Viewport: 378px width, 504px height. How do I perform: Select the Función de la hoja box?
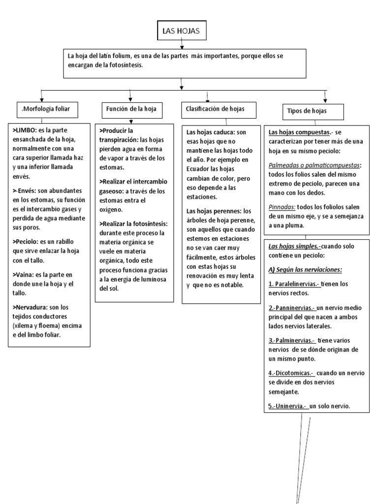(130, 109)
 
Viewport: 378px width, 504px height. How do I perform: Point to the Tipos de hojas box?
(307, 111)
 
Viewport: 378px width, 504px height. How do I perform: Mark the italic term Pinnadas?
(282, 207)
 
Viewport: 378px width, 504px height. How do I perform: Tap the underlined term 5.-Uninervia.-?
(288, 406)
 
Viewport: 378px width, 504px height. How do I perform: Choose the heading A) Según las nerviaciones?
(306, 270)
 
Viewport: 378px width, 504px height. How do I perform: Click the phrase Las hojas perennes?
(214, 211)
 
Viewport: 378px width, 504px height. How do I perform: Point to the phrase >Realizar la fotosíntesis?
(133, 223)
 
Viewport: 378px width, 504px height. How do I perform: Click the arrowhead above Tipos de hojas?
(325, 99)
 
